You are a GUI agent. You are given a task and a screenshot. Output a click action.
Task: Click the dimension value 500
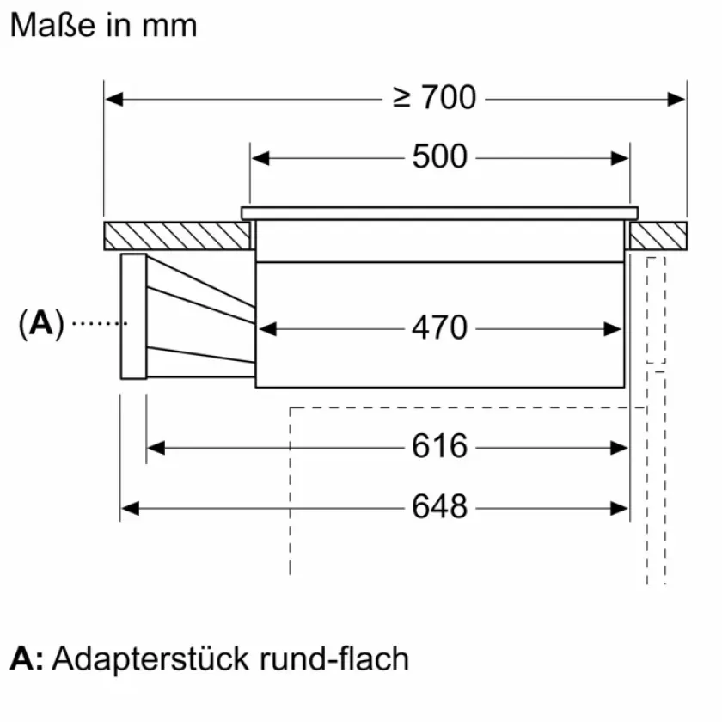coord(439,157)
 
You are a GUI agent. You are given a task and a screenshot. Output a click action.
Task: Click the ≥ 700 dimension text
coord(434,98)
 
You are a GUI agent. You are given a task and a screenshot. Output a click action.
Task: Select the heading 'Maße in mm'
coord(103,25)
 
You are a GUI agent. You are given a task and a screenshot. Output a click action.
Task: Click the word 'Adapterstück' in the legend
coord(151,659)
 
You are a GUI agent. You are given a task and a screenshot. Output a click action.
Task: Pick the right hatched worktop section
coord(658,235)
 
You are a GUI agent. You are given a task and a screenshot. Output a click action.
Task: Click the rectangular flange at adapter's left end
coord(133,316)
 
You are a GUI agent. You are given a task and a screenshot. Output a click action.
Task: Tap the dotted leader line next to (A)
coord(98,323)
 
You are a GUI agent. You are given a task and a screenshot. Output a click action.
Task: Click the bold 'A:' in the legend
coord(27,659)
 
